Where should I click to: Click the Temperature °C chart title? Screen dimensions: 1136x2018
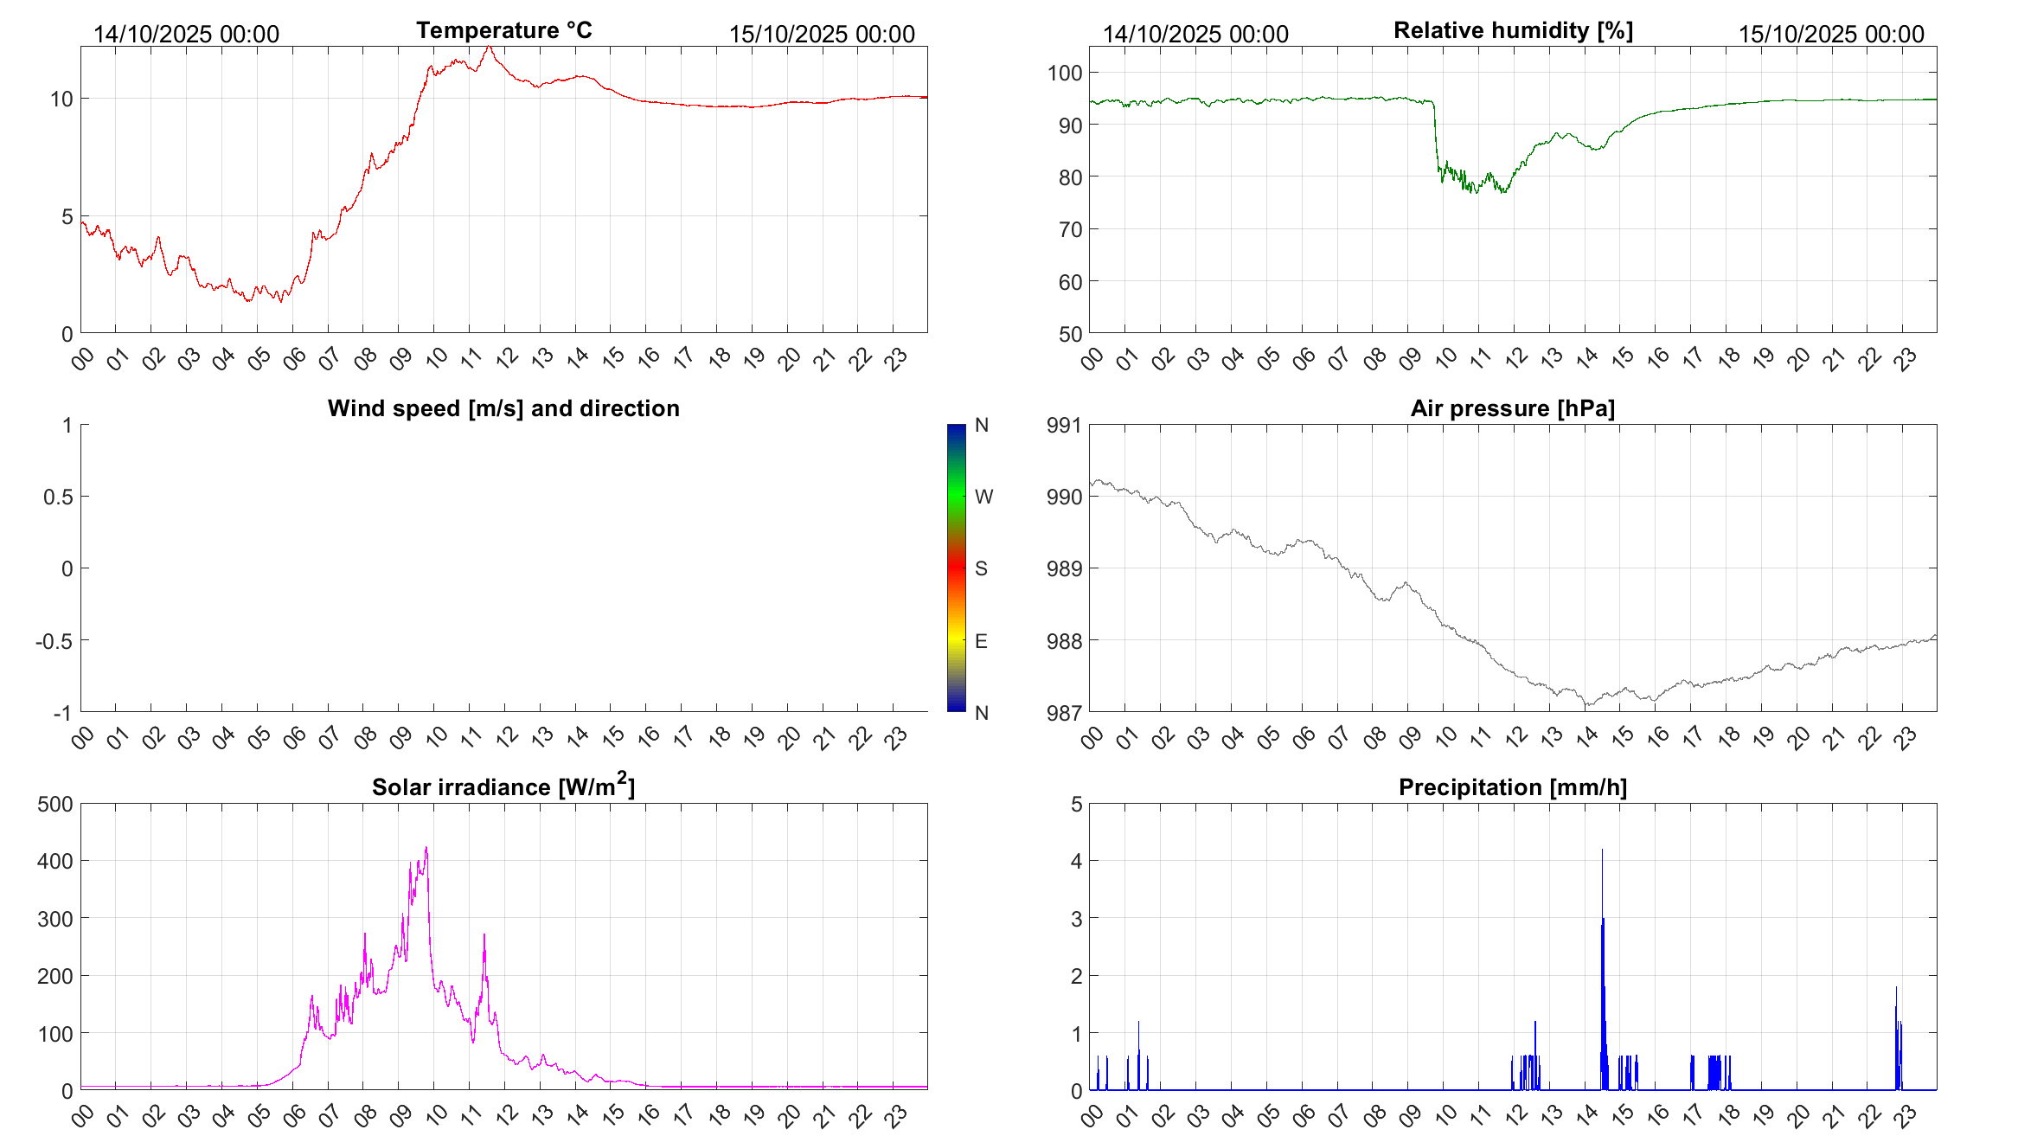503,30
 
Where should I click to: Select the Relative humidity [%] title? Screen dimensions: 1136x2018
1513,30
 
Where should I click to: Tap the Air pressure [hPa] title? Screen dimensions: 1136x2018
1512,408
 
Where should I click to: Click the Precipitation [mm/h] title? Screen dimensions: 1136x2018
1512,787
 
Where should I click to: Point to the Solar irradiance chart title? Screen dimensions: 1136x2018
503,786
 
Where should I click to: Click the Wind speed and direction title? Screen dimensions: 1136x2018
503,408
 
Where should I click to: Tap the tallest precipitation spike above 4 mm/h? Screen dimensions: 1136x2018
1602,851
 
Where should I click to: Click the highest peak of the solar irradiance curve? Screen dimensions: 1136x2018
426,849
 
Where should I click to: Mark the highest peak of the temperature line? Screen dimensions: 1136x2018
489,48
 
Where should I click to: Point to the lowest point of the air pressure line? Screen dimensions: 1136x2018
1586,705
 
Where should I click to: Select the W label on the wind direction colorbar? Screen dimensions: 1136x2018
983,497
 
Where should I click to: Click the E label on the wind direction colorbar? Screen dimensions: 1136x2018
981,641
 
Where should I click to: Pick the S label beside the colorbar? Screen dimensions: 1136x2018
981,568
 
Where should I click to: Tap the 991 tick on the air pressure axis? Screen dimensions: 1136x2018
1064,425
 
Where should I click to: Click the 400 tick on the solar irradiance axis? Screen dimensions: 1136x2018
55,861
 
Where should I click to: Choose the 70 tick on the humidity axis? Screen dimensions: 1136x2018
1070,229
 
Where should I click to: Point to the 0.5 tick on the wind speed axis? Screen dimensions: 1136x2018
58,497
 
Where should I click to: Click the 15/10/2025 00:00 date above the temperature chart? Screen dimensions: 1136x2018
822,34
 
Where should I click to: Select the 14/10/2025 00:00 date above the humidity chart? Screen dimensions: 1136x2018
1195,34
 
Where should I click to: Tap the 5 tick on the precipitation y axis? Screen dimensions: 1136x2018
1076,804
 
